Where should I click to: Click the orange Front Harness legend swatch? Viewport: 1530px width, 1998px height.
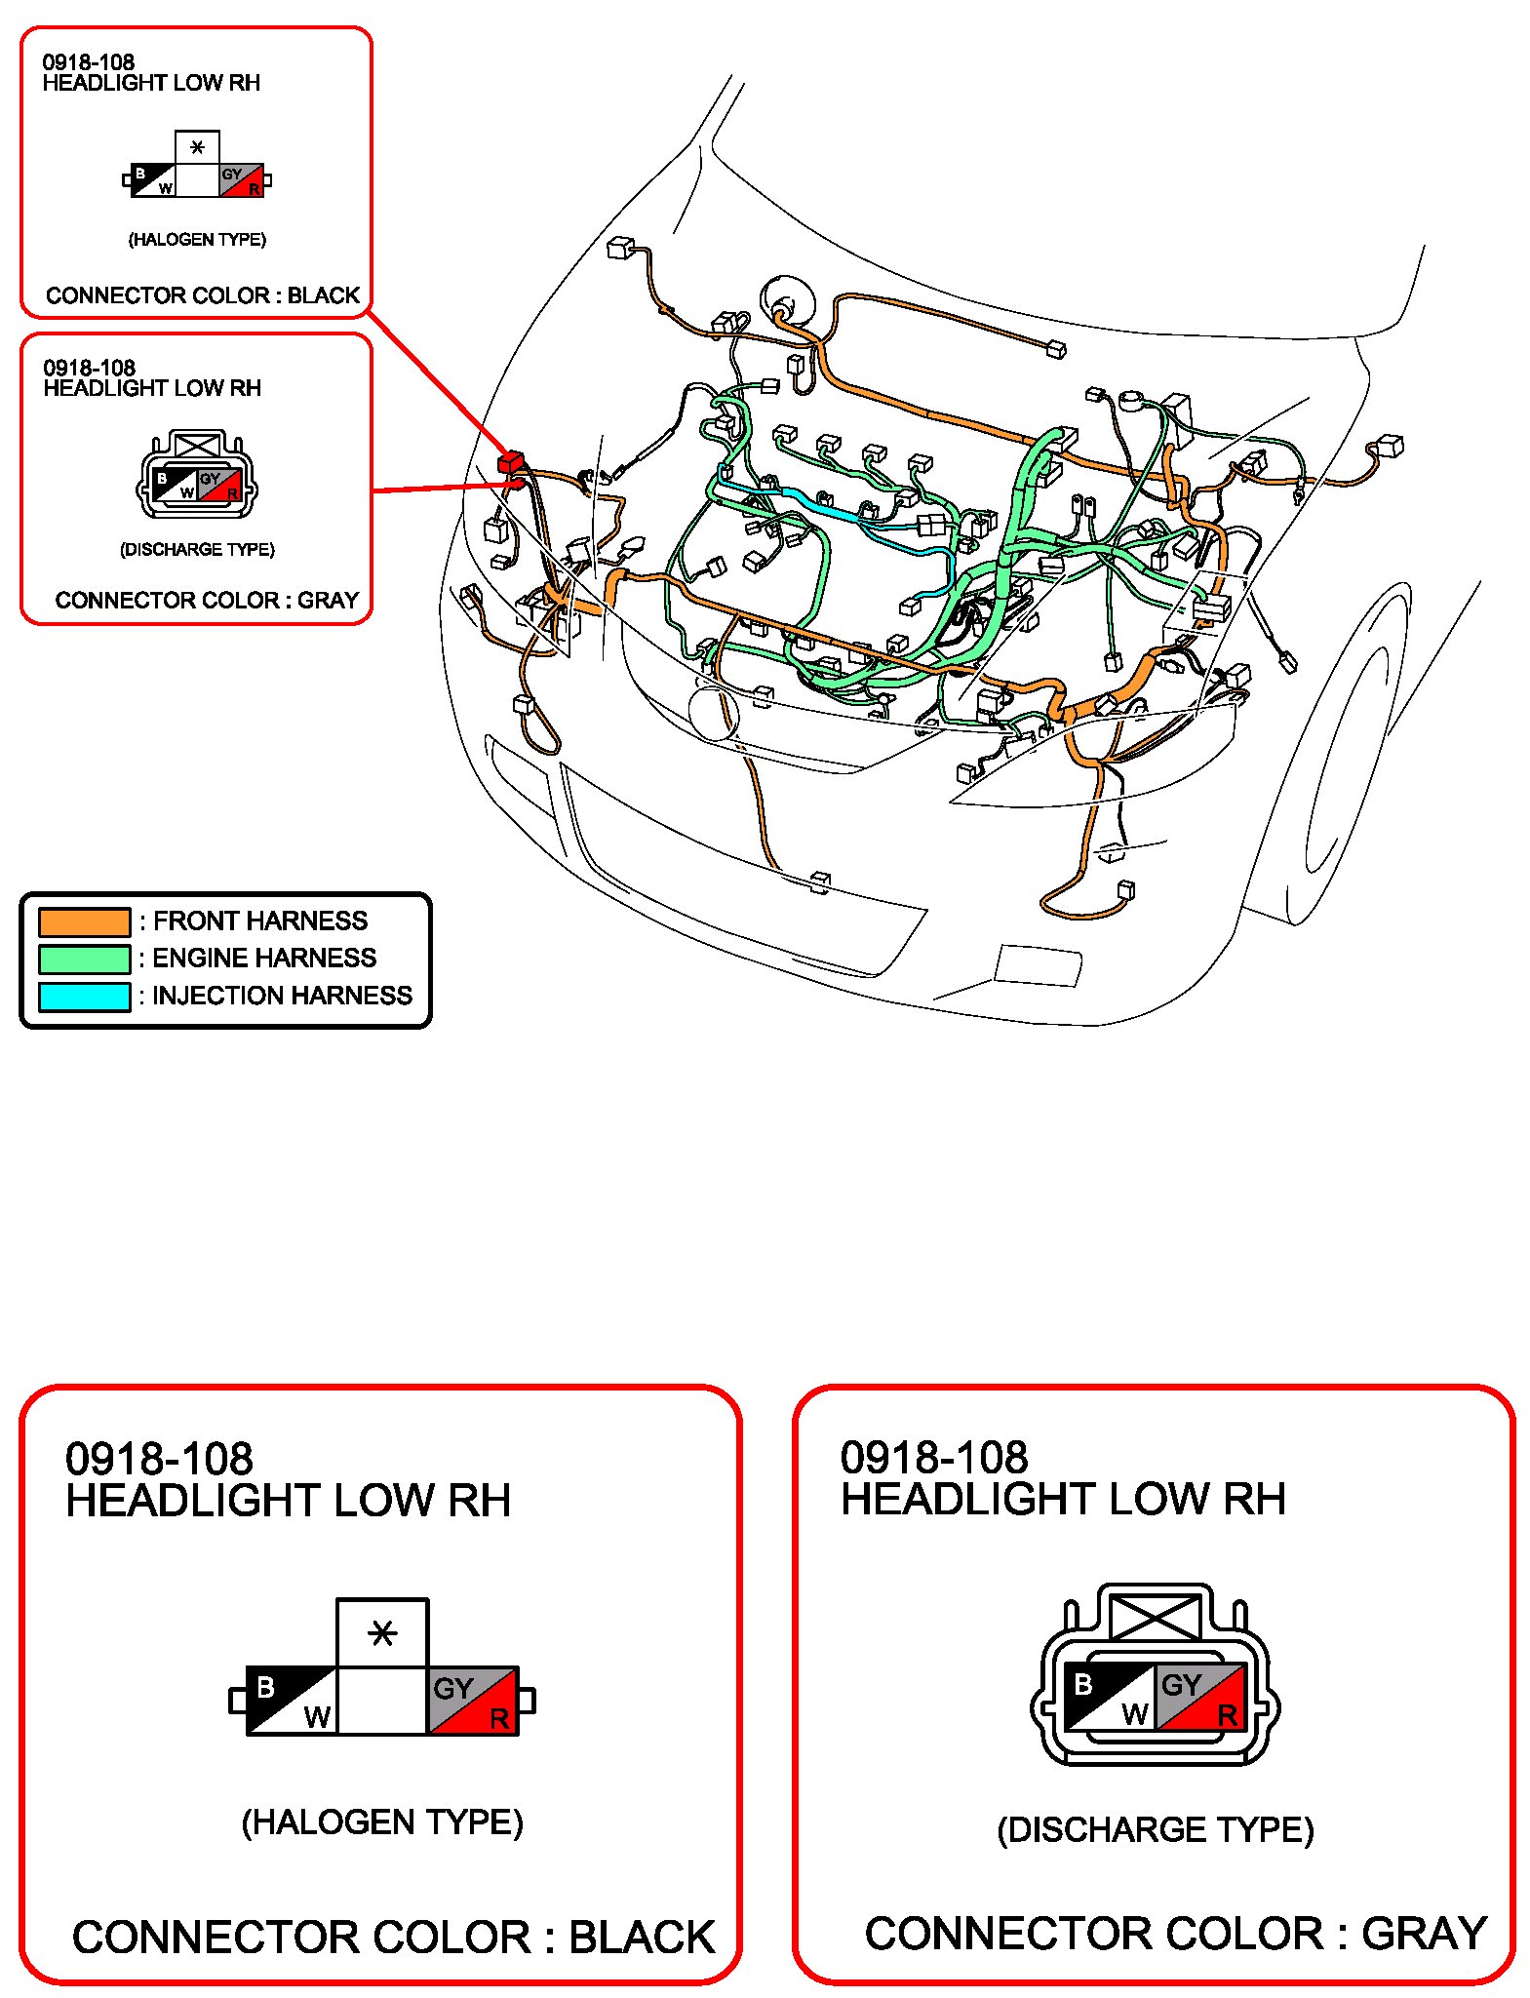pyautogui.click(x=84, y=921)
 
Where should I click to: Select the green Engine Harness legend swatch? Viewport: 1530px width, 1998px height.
pyautogui.click(x=84, y=959)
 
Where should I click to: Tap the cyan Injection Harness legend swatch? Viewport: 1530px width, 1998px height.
pyautogui.click(x=84, y=997)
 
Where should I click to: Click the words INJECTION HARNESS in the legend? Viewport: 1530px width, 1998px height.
pyautogui.click(x=282, y=996)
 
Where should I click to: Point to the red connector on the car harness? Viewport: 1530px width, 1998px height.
pyautogui.click(x=511, y=461)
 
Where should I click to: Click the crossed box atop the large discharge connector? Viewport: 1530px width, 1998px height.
pyautogui.click(x=1156, y=1616)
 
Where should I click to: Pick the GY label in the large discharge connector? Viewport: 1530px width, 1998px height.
pyautogui.click(x=1181, y=1684)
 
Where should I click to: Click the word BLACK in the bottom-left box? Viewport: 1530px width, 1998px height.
pyautogui.click(x=642, y=1937)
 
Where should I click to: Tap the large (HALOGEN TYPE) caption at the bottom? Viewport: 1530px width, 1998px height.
pyautogui.click(x=382, y=1822)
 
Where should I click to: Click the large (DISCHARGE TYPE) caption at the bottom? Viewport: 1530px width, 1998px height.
pyautogui.click(x=1156, y=1829)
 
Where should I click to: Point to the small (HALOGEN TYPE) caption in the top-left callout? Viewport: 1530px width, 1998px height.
pyautogui.click(x=197, y=239)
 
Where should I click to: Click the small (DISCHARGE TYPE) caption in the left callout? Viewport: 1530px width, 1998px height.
pyautogui.click(x=197, y=549)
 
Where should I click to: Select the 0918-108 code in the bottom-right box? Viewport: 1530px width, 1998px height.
pyautogui.click(x=933, y=1458)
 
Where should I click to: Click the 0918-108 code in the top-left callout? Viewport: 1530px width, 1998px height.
pyautogui.click(x=88, y=61)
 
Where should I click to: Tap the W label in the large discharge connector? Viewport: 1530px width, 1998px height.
pyautogui.click(x=1134, y=1713)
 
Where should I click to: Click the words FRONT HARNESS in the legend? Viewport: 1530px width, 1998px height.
pyautogui.click(x=260, y=921)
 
